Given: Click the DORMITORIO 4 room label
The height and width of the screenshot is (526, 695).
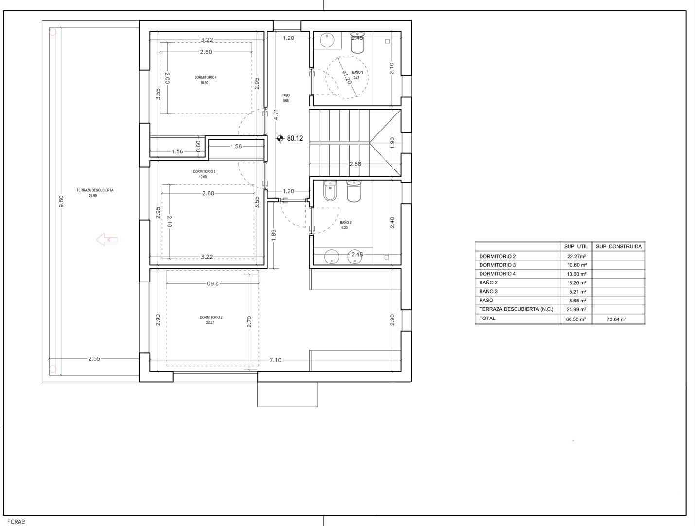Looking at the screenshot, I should pyautogui.click(x=205, y=77).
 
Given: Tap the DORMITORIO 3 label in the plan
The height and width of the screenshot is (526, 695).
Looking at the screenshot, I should pyautogui.click(x=204, y=171).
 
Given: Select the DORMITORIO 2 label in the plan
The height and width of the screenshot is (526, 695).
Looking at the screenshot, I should pyautogui.click(x=211, y=317).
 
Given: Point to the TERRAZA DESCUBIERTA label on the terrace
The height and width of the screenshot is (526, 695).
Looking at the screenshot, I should pyautogui.click(x=95, y=190).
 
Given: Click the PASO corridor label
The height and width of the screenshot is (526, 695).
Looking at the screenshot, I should pyautogui.click(x=285, y=95).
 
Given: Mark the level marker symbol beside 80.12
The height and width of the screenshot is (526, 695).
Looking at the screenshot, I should pyautogui.click(x=280, y=138).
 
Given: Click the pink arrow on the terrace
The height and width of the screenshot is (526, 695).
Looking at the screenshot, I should pyautogui.click(x=107, y=239).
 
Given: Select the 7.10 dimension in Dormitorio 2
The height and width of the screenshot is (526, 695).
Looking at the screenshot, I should pyautogui.click(x=275, y=360).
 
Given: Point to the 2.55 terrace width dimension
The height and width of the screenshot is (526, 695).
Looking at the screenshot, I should pyautogui.click(x=94, y=359).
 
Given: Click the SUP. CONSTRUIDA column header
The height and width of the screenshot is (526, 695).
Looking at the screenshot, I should pyautogui.click(x=619, y=246).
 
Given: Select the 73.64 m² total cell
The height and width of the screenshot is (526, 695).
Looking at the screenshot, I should pyautogui.click(x=617, y=319).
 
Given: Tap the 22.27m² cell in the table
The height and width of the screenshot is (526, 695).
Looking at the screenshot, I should pyautogui.click(x=576, y=256).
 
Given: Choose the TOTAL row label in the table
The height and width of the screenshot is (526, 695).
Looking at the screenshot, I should pyautogui.click(x=487, y=319).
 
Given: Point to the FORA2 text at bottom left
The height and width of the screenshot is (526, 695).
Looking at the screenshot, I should pyautogui.click(x=16, y=521).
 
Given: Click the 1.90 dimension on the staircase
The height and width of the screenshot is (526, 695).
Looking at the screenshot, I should pyautogui.click(x=392, y=141).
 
